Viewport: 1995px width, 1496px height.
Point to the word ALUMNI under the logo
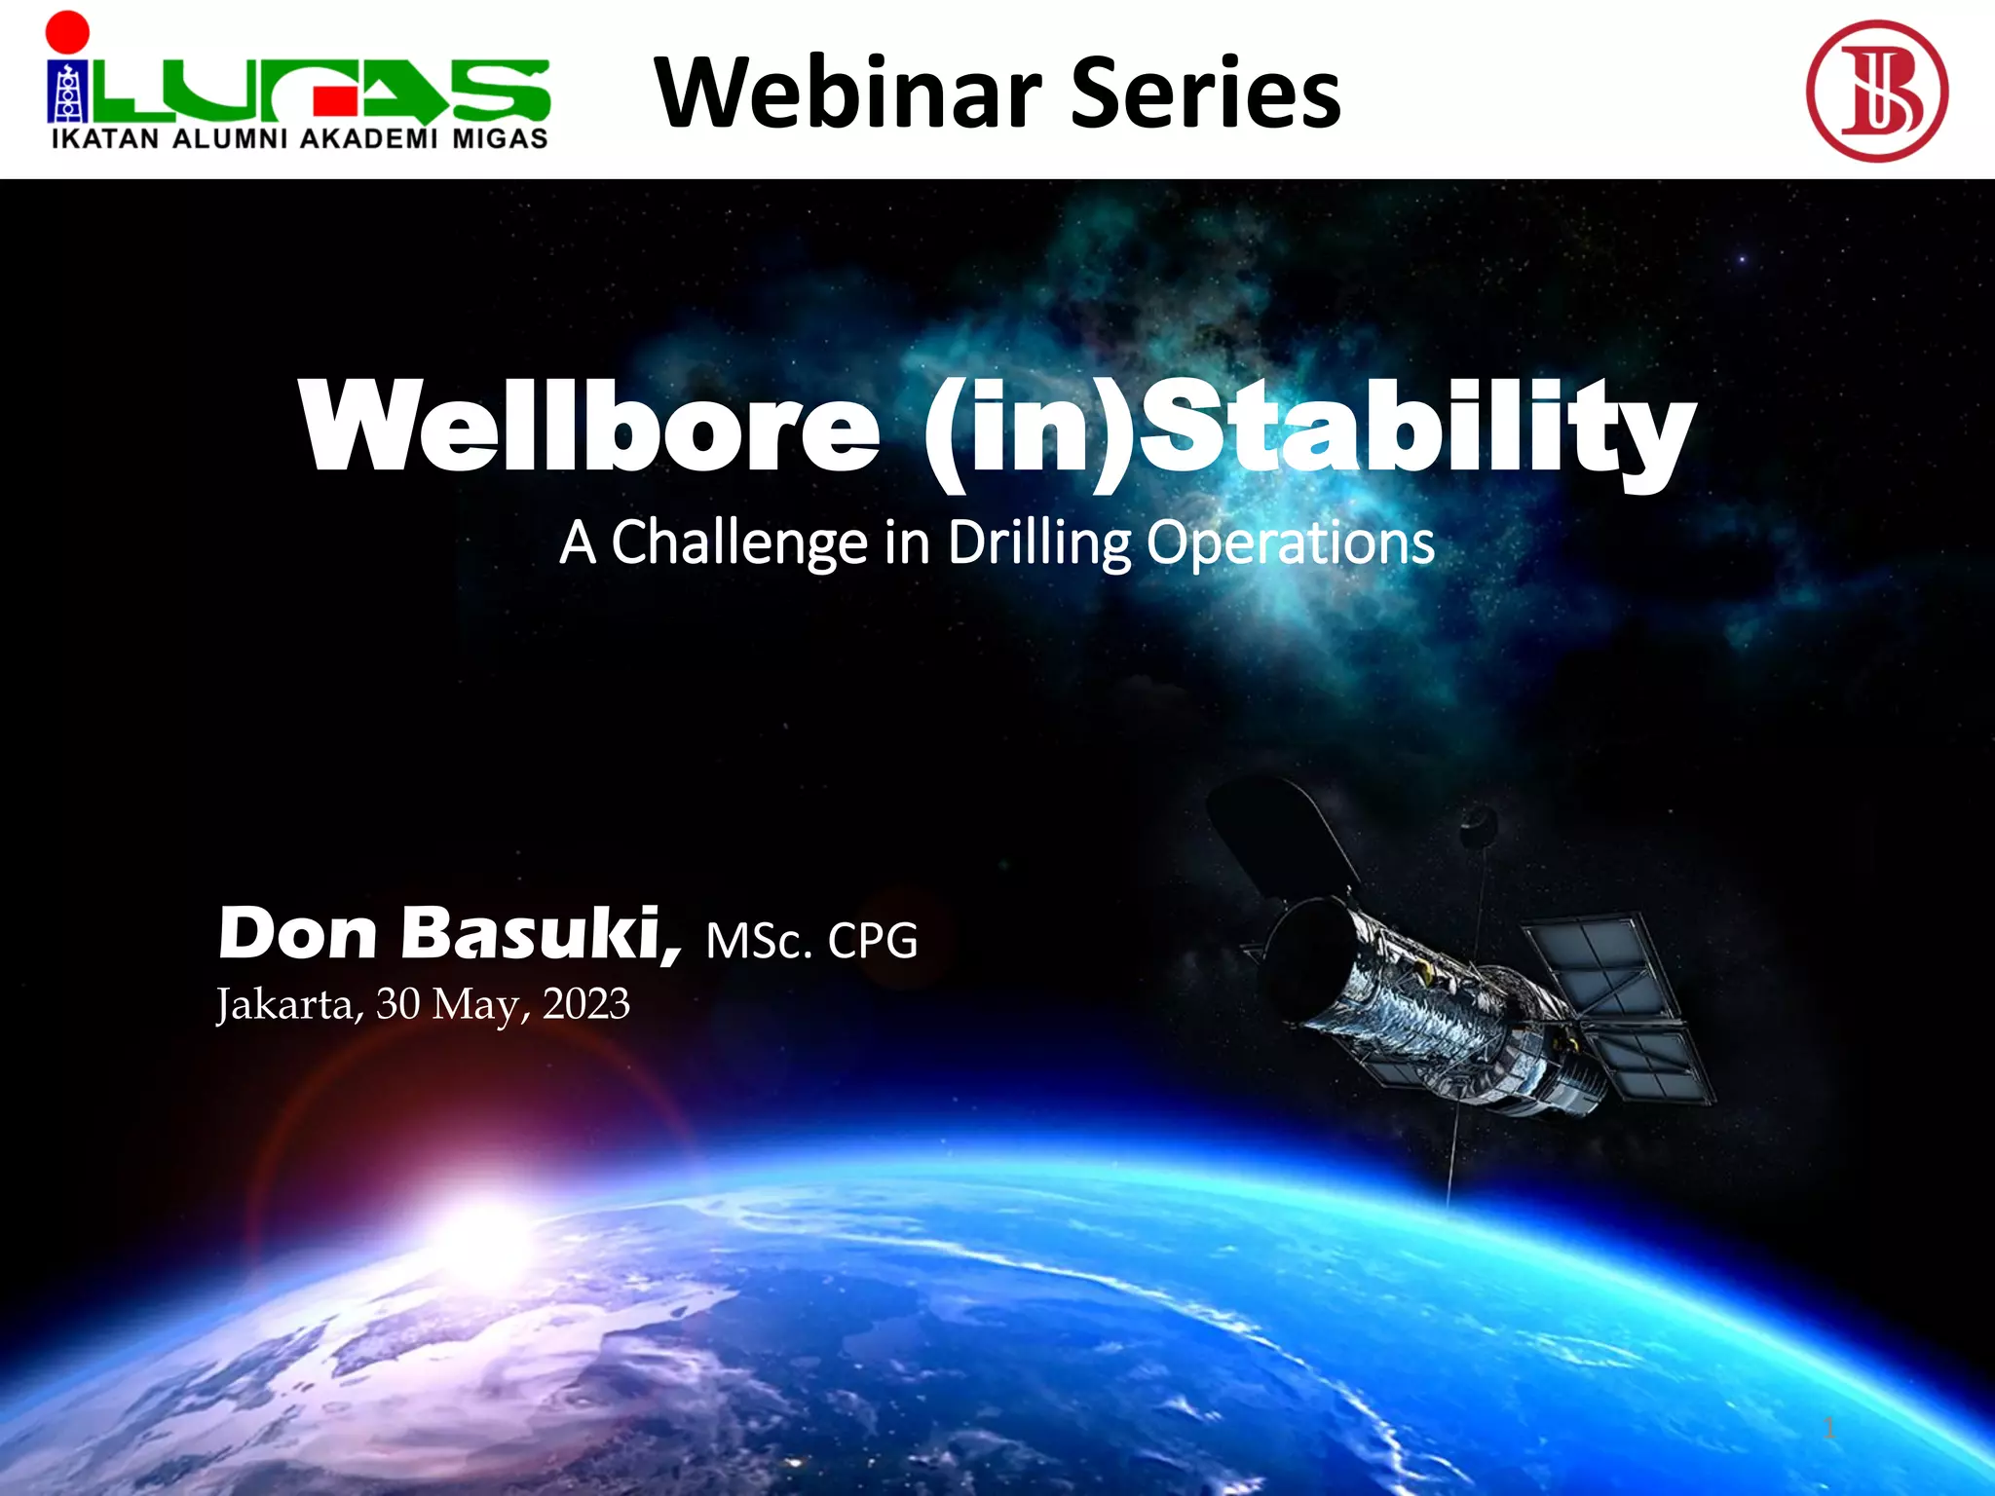pos(230,139)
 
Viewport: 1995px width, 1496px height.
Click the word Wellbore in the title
pos(589,426)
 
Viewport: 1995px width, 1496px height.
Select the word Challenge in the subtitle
pos(738,542)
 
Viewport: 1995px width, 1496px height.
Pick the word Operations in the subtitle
pos(1289,542)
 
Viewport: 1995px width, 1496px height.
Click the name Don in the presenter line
pos(297,933)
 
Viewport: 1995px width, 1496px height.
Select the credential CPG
pos(872,941)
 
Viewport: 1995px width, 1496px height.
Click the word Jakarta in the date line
pos(287,1004)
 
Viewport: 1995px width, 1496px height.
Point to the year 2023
pos(585,1004)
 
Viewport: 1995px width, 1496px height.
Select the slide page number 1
pos(1828,1429)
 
